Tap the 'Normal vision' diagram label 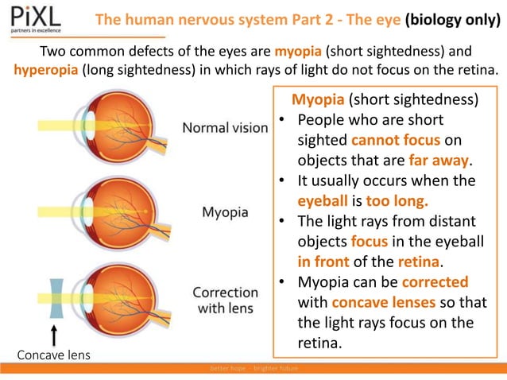pos(226,127)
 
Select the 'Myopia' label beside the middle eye pos(225,213)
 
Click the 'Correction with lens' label pos(226,300)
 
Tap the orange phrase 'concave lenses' pos(380,303)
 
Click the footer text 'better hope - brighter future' pos(253,368)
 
